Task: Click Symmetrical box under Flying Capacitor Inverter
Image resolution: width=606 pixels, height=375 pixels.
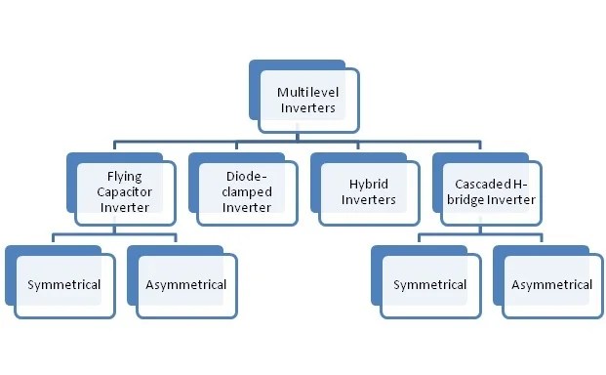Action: point(64,285)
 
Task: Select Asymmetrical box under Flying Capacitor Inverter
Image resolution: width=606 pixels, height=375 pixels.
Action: point(186,285)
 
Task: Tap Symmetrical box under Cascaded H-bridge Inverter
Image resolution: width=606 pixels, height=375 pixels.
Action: point(430,285)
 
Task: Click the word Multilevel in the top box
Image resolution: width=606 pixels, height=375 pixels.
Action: point(307,92)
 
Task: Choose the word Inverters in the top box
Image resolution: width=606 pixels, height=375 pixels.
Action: point(307,108)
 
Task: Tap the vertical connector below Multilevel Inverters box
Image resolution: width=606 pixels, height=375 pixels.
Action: point(304,138)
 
